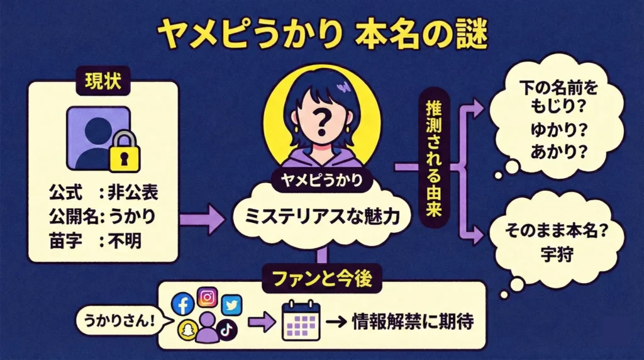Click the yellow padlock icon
coord(125,152)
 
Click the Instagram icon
coord(207,296)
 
